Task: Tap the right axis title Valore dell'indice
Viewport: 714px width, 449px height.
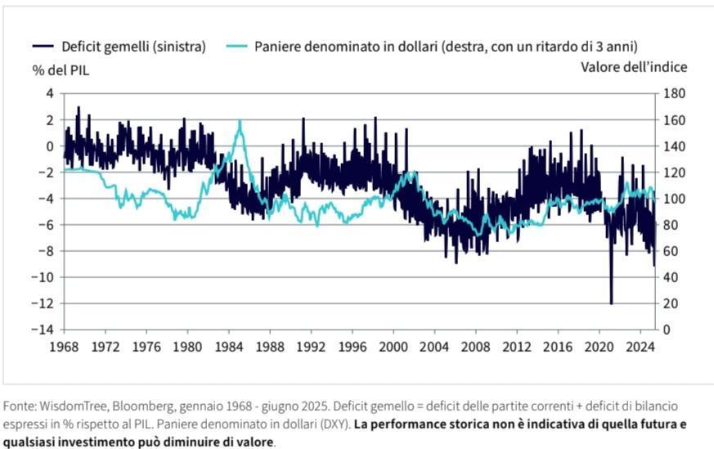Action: tap(634, 67)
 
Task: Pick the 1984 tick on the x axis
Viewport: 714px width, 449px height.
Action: tap(228, 346)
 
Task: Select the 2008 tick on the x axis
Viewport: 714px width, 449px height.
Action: tap(475, 346)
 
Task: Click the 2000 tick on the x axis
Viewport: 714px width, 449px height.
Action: tap(393, 346)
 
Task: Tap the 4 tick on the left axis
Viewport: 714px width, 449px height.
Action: tap(49, 93)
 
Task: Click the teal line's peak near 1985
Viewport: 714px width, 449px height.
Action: tap(240, 121)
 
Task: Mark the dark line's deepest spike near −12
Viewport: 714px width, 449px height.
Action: tap(611, 303)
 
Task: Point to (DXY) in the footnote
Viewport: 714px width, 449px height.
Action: tap(331, 424)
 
